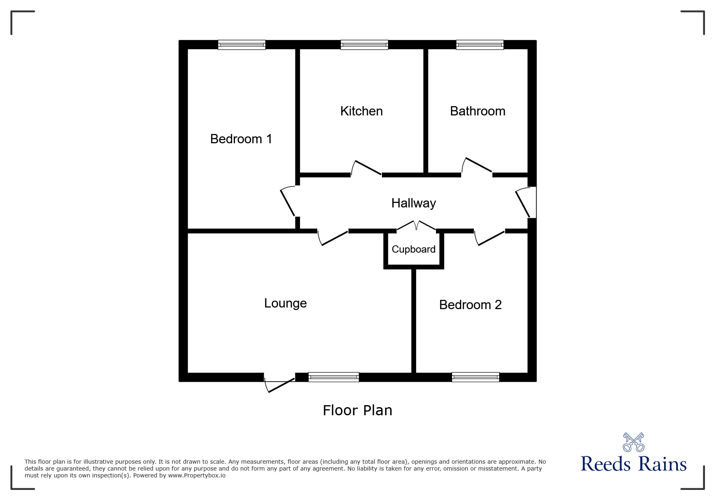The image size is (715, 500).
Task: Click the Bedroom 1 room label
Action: point(241,139)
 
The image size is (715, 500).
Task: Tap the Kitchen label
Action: point(361,111)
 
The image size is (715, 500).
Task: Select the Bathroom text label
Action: point(478,111)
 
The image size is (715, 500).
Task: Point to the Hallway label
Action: point(413,203)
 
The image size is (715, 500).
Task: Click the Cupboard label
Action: point(413,249)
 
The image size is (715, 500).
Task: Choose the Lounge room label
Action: point(285,303)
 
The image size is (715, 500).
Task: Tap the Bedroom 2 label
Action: point(470,305)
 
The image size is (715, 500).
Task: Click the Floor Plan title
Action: point(357,410)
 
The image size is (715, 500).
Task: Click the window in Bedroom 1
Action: point(241,45)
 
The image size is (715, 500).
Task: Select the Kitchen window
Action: point(364,45)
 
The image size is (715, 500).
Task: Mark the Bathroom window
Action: point(480,45)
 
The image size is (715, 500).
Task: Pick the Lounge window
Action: point(333,377)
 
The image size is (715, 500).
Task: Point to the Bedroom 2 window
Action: point(475,377)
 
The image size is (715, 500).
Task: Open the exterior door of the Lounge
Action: point(280,384)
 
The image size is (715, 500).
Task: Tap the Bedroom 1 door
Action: point(289,201)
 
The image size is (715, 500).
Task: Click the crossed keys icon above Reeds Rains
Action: point(633,442)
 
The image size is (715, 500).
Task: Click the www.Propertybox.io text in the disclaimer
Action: point(197,475)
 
